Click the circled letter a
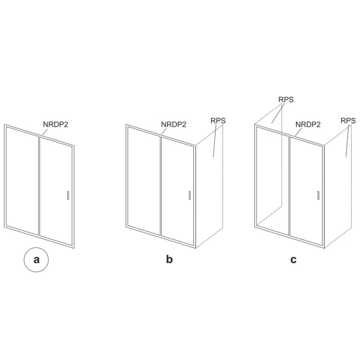coord(36,260)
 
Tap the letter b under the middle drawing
coord(169,259)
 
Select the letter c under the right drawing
coord(293,260)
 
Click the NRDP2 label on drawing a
coord(56,124)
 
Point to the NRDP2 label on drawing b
coord(174,124)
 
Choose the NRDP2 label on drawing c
coord(308,124)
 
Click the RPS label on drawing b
coord(218,120)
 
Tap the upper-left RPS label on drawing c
coord(286,100)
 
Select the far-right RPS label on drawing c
coord(348,120)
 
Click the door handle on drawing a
coord(68,195)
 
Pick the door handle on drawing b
coord(190,195)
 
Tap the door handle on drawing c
coord(318,195)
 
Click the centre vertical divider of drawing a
coord(39,186)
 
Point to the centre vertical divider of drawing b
coord(160,186)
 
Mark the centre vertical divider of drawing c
coord(289,186)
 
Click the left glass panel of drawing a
coord(22,181)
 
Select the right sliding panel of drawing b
coord(177,191)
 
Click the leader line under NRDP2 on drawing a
coord(45,132)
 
